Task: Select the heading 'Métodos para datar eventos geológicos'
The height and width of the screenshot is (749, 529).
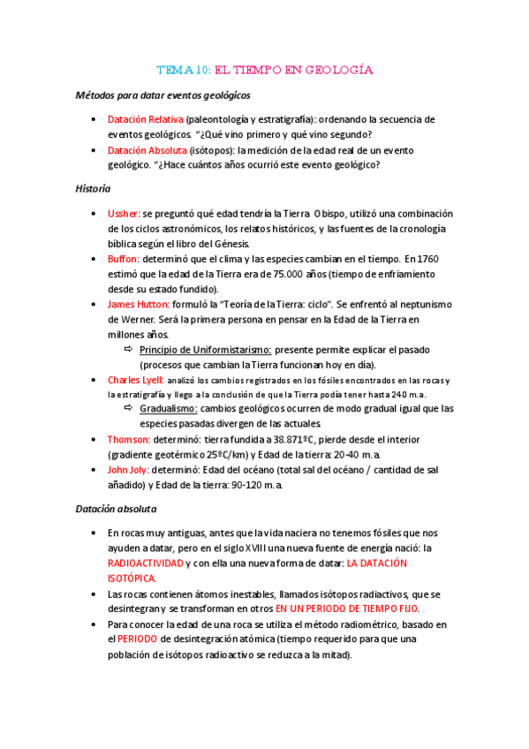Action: coord(163,95)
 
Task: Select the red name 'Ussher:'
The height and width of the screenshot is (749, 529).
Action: coord(124,214)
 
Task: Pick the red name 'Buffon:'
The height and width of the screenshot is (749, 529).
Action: coord(124,259)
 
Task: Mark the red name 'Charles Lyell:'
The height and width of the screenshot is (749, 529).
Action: coord(135,381)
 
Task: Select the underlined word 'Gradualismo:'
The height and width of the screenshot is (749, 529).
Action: coord(169,409)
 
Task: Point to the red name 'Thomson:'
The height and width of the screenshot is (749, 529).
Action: coord(129,439)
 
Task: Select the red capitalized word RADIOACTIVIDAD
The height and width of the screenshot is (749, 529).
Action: coord(146,563)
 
